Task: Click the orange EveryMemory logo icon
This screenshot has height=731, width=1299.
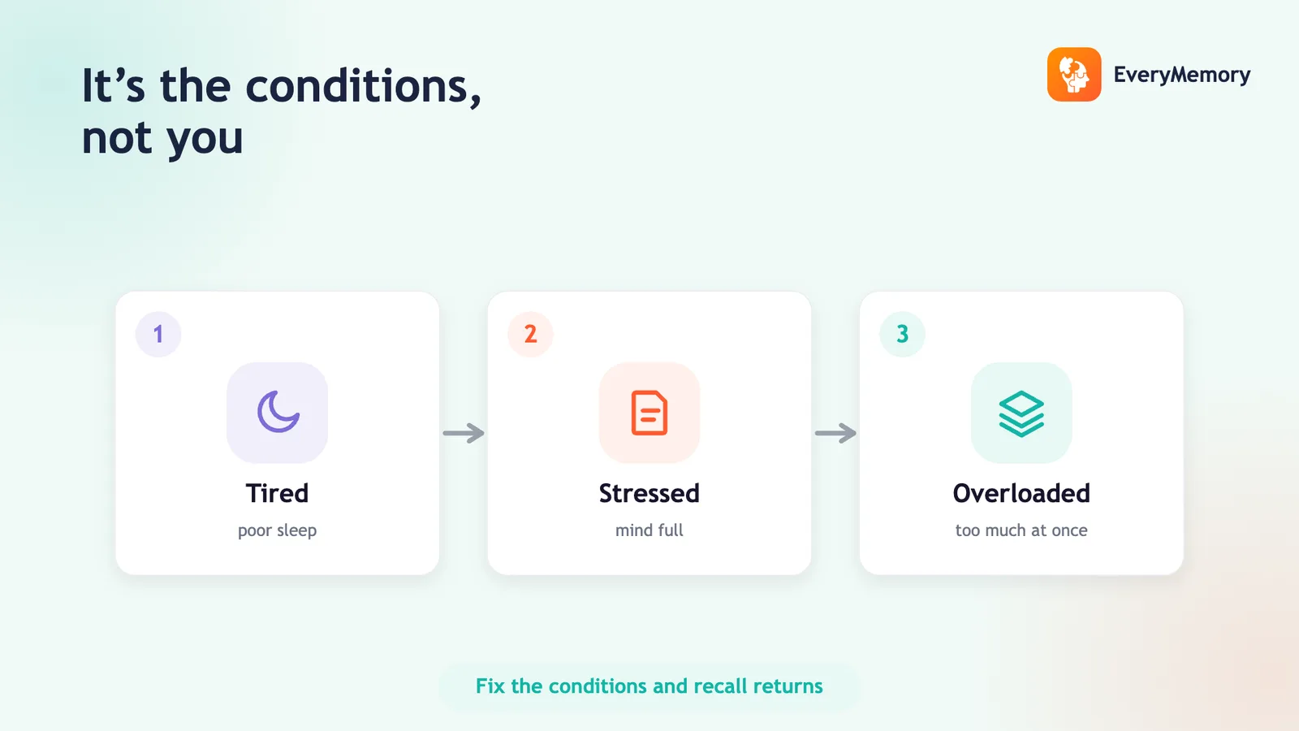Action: tap(1074, 74)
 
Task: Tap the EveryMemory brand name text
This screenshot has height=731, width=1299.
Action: tap(1182, 75)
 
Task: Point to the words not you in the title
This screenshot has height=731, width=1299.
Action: tap(162, 138)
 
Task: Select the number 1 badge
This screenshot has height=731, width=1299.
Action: tap(158, 334)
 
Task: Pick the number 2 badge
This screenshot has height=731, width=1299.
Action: tap(531, 334)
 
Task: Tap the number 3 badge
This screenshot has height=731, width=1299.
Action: tap(902, 334)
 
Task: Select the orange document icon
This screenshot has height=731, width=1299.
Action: tap(649, 413)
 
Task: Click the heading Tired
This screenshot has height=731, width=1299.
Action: tap(277, 494)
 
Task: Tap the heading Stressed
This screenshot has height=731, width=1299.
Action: tap(649, 494)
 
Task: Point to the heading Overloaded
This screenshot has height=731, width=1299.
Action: tap(1021, 494)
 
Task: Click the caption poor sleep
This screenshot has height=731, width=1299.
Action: tap(277, 531)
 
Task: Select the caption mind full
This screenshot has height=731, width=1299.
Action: tap(649, 530)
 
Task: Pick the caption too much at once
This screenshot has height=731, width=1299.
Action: tap(1021, 530)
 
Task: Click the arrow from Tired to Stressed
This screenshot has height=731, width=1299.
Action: tap(464, 433)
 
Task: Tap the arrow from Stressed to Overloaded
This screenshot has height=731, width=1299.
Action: tap(835, 433)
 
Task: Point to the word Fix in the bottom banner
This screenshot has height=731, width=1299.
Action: tap(490, 686)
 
